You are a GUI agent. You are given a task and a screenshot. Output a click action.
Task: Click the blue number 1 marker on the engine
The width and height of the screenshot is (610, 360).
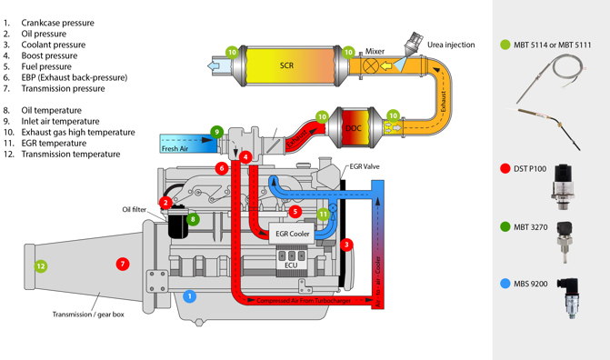tap(190, 295)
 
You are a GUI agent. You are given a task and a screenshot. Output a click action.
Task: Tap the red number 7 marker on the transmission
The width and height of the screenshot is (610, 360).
tap(123, 264)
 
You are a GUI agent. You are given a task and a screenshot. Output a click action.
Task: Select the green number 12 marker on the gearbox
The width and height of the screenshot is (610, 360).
tap(40, 266)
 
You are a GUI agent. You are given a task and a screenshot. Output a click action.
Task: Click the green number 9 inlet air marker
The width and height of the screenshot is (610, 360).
tap(217, 132)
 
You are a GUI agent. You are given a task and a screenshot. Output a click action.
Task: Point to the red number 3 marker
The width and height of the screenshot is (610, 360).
tap(347, 245)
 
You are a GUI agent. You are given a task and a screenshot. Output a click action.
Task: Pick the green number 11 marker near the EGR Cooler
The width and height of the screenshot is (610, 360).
tap(323, 215)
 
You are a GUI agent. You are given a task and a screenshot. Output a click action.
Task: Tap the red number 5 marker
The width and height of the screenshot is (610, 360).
tap(295, 212)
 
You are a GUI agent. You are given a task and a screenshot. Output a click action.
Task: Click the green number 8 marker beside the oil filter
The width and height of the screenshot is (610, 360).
tap(193, 219)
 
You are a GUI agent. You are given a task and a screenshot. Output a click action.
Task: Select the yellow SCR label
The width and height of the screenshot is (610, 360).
tap(286, 65)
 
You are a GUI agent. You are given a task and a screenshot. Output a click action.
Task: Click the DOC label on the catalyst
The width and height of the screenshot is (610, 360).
tap(354, 129)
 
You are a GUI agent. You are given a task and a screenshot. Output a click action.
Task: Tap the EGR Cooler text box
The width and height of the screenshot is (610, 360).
tap(293, 234)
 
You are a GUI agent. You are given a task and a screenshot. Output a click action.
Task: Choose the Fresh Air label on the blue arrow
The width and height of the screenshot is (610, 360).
tap(175, 148)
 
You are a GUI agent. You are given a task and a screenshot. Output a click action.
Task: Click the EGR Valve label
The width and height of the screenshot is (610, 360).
tap(364, 167)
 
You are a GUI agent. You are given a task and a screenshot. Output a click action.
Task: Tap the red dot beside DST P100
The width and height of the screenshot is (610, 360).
tap(505, 168)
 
